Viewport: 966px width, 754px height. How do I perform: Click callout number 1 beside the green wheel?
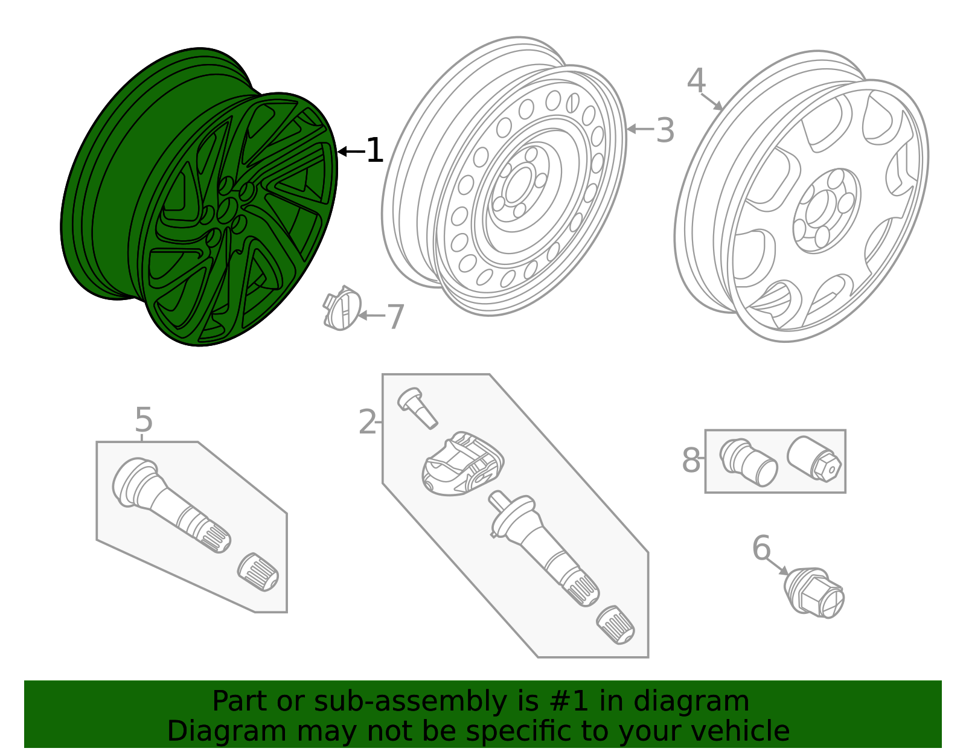pyautogui.click(x=374, y=150)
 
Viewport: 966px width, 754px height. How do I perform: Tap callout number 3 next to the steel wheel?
pyautogui.click(x=665, y=130)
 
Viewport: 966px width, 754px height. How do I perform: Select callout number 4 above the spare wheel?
pyautogui.click(x=696, y=81)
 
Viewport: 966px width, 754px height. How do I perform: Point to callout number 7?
pyautogui.click(x=395, y=316)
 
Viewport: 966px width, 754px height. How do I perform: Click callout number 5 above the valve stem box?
pyautogui.click(x=143, y=419)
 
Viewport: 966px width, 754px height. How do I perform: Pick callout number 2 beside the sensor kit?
pyautogui.click(x=367, y=422)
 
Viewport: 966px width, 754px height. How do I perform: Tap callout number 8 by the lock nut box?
pyautogui.click(x=691, y=461)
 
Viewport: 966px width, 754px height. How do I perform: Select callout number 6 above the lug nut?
pyautogui.click(x=761, y=548)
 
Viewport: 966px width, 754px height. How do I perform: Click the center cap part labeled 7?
pyautogui.click(x=342, y=308)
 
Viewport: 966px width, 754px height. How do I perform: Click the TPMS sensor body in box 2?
pyautogui.click(x=462, y=465)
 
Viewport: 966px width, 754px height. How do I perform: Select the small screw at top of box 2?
pyautogui.click(x=417, y=408)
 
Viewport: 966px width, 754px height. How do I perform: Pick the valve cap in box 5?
pyautogui.click(x=258, y=572)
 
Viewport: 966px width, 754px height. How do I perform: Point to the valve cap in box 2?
pyautogui.click(x=615, y=625)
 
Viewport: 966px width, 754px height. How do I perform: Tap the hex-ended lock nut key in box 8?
pyautogui.click(x=814, y=459)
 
